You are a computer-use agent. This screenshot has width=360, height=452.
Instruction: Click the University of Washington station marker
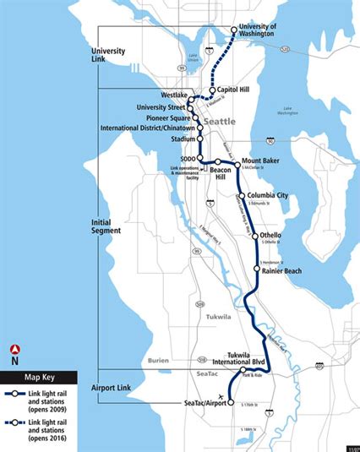(234, 30)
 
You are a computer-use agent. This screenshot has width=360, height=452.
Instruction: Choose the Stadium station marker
(200, 139)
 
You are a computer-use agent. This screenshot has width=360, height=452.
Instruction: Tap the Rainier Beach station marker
(256, 270)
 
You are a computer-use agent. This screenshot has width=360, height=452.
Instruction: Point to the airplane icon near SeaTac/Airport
(221, 397)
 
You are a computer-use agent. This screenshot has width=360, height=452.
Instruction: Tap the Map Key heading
(41, 378)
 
